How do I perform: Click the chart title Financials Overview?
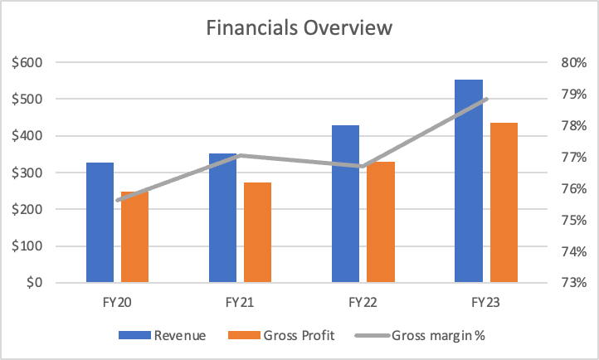[x=299, y=27]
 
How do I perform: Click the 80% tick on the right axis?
[x=573, y=63]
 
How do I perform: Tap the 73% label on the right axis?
[x=573, y=283]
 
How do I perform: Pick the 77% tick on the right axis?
[x=573, y=158]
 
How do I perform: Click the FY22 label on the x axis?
[x=363, y=304]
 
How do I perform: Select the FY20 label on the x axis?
[x=118, y=304]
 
